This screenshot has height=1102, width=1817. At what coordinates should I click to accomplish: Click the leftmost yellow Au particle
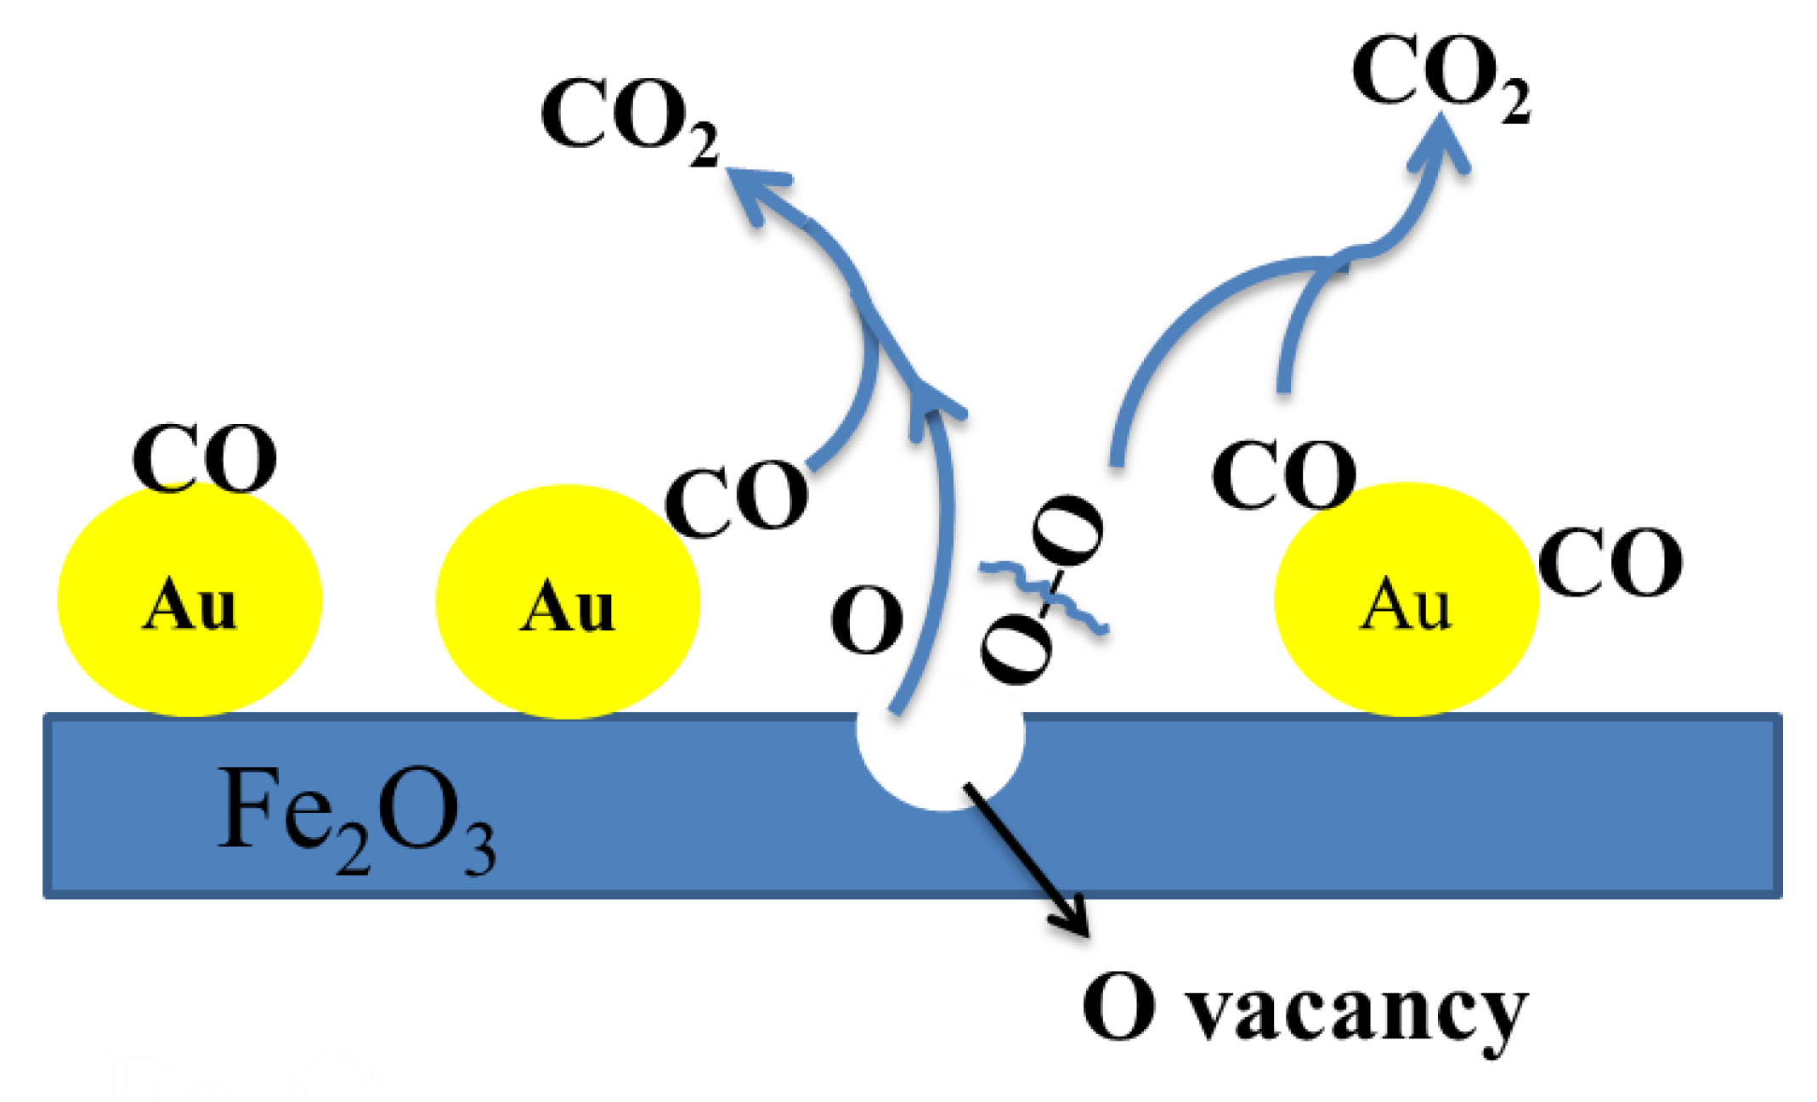pyautogui.click(x=190, y=601)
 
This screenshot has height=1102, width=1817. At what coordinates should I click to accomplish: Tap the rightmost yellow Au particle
pyautogui.click(x=1407, y=600)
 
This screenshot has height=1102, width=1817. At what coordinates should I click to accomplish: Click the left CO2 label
pyautogui.click(x=629, y=119)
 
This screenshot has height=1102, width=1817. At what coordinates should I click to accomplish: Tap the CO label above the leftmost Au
pyautogui.click(x=204, y=459)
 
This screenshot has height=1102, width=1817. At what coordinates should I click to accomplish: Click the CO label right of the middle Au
pyautogui.click(x=736, y=499)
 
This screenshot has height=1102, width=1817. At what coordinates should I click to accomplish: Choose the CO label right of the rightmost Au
pyautogui.click(x=1610, y=562)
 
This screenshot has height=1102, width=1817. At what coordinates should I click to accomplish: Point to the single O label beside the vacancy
pyautogui.click(x=866, y=621)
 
